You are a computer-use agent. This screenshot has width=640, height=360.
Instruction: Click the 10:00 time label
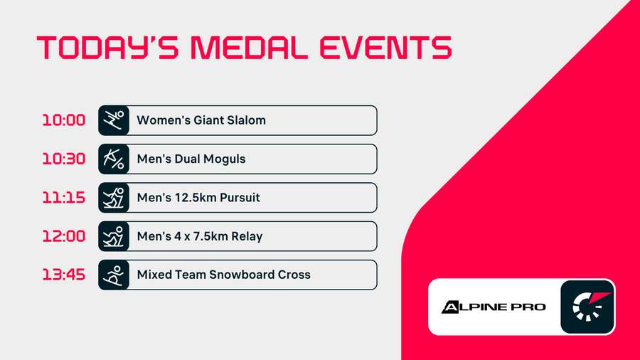(x=63, y=120)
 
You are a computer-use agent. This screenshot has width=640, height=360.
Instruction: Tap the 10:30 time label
(x=63, y=159)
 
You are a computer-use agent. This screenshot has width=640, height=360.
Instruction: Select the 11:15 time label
(x=63, y=197)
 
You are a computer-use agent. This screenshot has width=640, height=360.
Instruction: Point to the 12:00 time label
(x=63, y=235)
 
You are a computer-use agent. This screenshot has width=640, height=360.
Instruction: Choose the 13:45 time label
(x=63, y=274)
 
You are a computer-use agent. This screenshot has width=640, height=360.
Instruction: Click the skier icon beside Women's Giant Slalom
(x=113, y=120)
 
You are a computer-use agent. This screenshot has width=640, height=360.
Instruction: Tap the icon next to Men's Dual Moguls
(x=113, y=159)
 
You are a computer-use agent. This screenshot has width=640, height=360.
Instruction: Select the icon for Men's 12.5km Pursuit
(x=113, y=197)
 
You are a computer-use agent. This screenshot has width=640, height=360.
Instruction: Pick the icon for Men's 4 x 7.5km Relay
(x=113, y=235)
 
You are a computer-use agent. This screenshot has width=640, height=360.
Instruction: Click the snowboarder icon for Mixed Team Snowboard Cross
(x=113, y=274)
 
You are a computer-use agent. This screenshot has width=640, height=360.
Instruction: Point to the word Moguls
(x=224, y=159)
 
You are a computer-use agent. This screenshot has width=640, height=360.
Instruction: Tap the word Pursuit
(x=238, y=197)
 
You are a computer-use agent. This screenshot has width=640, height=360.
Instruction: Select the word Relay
(x=246, y=236)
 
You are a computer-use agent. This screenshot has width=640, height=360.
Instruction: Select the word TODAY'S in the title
(x=107, y=48)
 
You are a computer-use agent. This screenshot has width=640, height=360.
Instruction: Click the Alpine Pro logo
(x=494, y=307)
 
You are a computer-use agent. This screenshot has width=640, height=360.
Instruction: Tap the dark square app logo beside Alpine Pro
(x=587, y=307)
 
